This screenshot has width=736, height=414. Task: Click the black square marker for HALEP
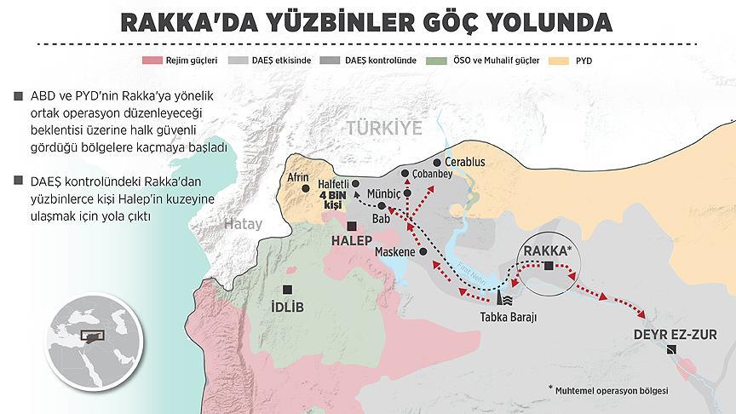coord(353,226)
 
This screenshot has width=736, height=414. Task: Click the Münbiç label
coord(384,193)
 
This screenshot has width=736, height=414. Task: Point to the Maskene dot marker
coord(423,252)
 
